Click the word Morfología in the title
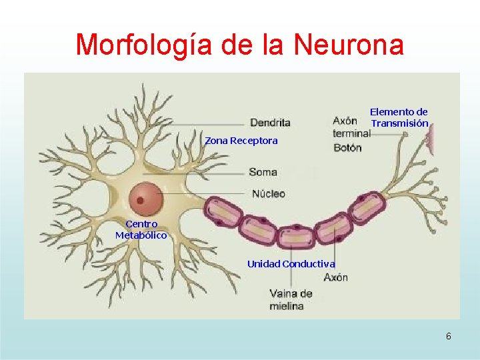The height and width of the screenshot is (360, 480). [x=144, y=45]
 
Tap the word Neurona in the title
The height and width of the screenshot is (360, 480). [x=349, y=45]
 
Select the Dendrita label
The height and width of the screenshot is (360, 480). [x=270, y=123]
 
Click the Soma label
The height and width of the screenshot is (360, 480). [x=263, y=172]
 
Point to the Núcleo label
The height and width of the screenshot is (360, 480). [x=269, y=193]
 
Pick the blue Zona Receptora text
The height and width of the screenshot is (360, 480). [x=241, y=141]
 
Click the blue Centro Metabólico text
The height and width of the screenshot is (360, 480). [x=141, y=229]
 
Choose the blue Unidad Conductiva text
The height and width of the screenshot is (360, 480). [x=291, y=264]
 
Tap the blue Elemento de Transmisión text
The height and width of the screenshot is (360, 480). [x=399, y=117]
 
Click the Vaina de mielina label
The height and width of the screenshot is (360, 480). [x=291, y=300]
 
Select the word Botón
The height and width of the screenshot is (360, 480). [x=347, y=148]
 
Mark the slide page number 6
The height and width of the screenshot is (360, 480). [x=449, y=336]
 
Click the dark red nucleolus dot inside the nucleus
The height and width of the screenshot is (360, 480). [x=140, y=201]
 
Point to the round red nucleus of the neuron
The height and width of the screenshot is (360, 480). [x=146, y=199]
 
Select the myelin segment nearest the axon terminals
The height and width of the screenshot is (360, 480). [x=367, y=208]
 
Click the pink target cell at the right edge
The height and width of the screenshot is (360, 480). [x=431, y=139]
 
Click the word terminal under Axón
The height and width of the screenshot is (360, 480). [x=352, y=133]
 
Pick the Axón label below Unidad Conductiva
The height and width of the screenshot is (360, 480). [x=336, y=277]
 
